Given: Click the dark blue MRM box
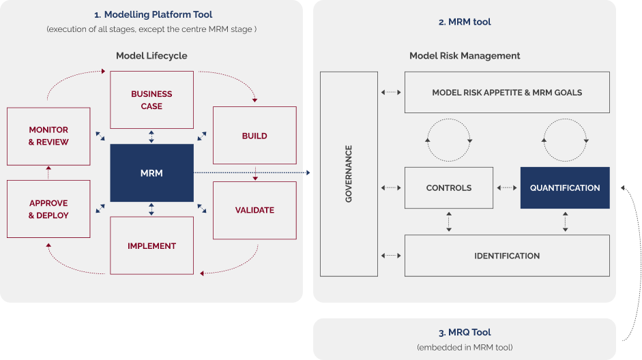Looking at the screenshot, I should click(x=151, y=173).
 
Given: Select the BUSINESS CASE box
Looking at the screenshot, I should click(x=151, y=100).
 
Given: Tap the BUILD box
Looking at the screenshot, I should click(x=254, y=136).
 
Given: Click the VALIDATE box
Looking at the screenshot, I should click(x=254, y=210).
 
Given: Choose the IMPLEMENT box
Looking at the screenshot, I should click(x=151, y=245).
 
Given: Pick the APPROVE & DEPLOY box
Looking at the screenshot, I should click(x=48, y=209).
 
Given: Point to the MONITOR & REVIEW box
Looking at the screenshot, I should click(x=48, y=136).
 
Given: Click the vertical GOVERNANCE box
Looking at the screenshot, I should click(x=349, y=174).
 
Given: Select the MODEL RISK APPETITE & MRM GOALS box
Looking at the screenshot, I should click(x=507, y=92).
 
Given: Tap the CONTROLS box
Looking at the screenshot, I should click(x=448, y=187).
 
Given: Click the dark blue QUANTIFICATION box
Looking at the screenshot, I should click(x=565, y=187).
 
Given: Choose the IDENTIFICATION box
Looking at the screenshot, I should click(x=507, y=256).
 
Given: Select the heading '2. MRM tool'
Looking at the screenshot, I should click(x=465, y=22).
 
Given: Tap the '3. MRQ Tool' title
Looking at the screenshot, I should click(x=465, y=333).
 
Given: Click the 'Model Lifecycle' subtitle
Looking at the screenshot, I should click(x=151, y=55).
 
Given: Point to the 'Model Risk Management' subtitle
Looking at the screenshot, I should click(x=465, y=55).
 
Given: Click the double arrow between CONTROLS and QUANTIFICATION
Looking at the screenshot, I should click(x=506, y=187).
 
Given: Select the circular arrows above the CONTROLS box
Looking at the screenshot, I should click(x=448, y=140).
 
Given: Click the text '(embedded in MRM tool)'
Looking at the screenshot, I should click(x=465, y=348).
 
